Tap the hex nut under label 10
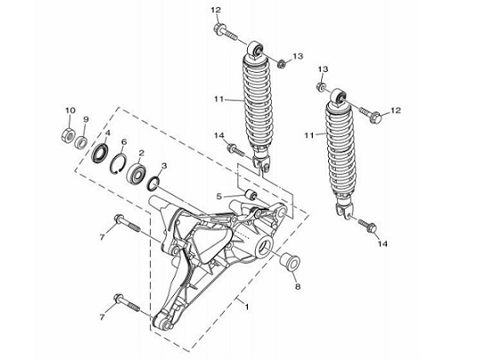pos(69,135)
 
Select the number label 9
pos(86,119)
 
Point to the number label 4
pos(107,134)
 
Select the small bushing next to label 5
pos(251,195)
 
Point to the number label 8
pos(298,288)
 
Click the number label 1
pos(247,306)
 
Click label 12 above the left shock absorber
pos(215,9)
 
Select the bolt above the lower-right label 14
pos(365,224)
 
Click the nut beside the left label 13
pos(281,62)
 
